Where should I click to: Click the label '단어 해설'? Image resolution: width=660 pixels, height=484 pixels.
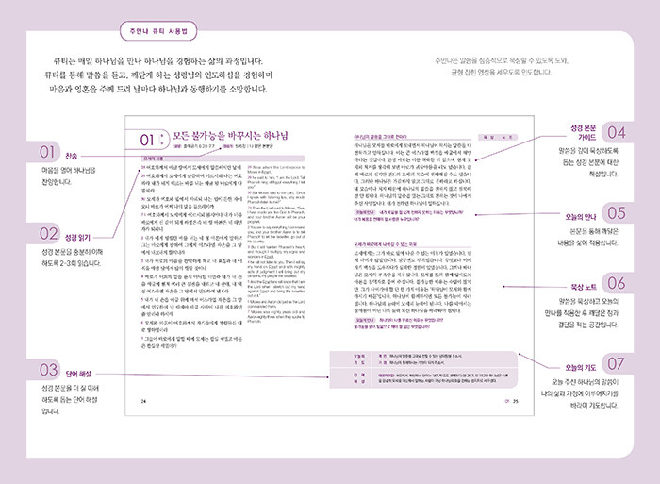(82, 369)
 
